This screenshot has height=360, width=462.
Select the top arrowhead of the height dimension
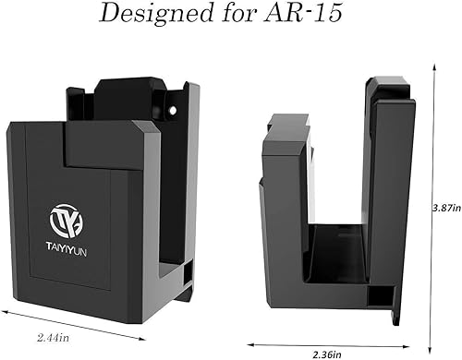434,66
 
